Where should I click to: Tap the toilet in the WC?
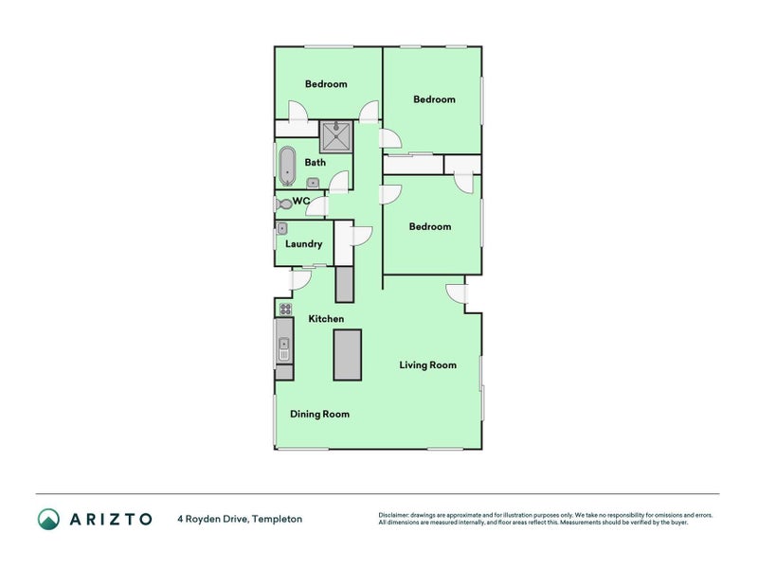(282, 204)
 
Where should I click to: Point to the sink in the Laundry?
(282, 228)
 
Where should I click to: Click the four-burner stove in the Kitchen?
(284, 309)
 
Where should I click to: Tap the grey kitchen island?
(346, 354)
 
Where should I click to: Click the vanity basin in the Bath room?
(313, 183)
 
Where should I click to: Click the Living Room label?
(427, 364)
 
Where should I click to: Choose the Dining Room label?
(319, 414)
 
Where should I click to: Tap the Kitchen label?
(326, 319)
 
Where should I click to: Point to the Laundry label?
(303, 244)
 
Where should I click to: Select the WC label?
(301, 201)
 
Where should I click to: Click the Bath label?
(315, 162)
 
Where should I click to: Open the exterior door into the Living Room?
(456, 294)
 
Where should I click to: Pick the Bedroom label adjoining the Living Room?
(429, 226)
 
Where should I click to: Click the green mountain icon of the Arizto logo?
(48, 518)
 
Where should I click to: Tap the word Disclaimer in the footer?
(396, 515)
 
